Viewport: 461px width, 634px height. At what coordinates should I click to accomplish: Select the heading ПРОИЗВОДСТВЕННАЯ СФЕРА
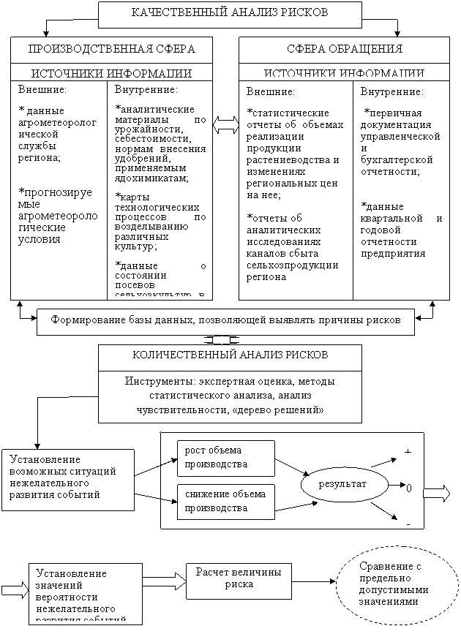pyautogui.click(x=111, y=50)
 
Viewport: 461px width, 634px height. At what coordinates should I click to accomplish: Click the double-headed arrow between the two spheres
pyautogui.click(x=226, y=126)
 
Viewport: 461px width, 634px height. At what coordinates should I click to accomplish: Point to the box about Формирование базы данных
pyautogui.click(x=226, y=321)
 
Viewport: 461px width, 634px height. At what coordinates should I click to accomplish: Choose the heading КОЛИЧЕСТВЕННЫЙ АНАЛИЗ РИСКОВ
pyautogui.click(x=230, y=355)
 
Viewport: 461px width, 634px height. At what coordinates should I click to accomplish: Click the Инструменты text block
pyautogui.click(x=230, y=396)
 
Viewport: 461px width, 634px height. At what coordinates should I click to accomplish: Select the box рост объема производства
pyautogui.click(x=225, y=458)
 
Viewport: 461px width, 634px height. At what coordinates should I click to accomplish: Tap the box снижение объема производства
pyautogui.click(x=225, y=501)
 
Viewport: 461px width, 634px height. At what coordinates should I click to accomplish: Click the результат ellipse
pyautogui.click(x=342, y=485)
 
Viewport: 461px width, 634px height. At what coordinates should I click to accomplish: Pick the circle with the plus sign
pyautogui.click(x=408, y=451)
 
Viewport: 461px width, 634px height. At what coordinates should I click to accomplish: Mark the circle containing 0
pyautogui.click(x=408, y=487)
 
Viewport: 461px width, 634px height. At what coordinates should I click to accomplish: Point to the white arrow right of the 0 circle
pyautogui.click(x=437, y=494)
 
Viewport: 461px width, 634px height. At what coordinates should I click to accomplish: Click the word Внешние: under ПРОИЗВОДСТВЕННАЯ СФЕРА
pyautogui.click(x=42, y=90)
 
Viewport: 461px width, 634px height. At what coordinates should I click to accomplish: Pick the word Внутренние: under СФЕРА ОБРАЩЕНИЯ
pyautogui.click(x=391, y=92)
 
